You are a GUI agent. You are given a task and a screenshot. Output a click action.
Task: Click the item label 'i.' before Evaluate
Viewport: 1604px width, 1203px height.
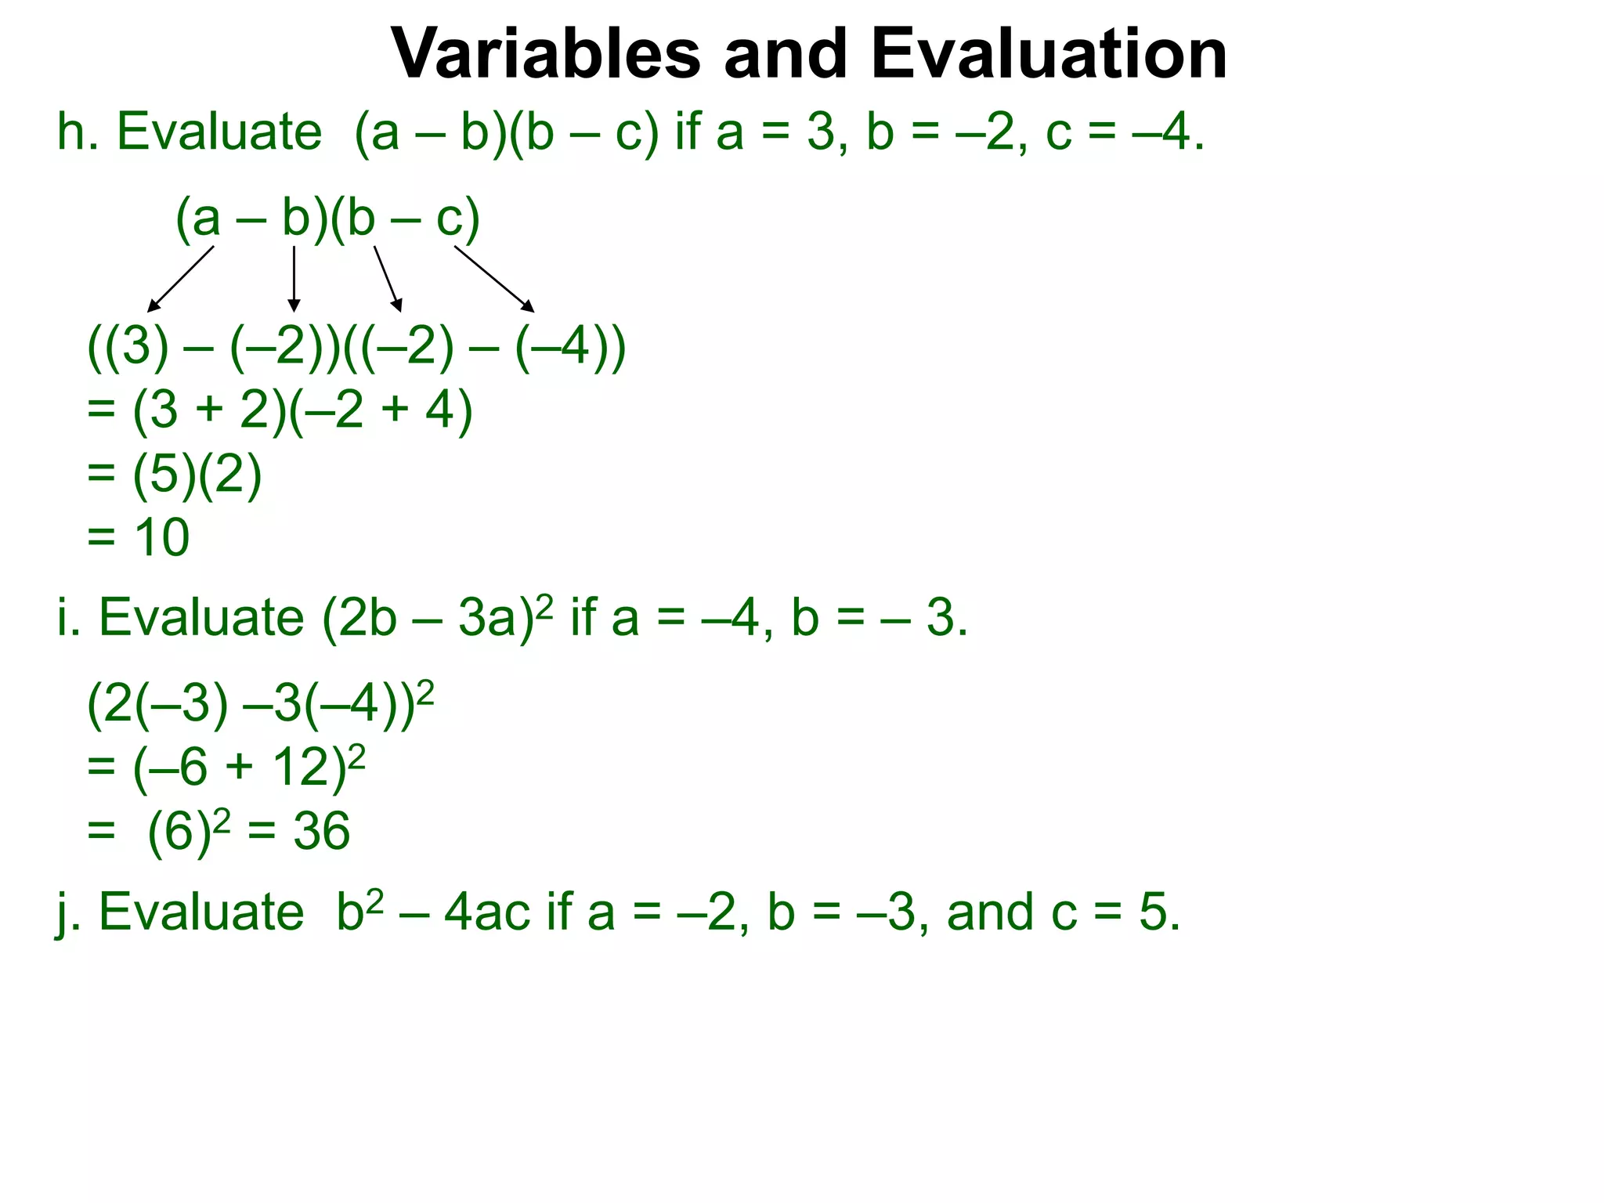point(69,617)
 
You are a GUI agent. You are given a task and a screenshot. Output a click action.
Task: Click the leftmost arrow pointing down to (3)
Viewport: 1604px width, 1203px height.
point(180,279)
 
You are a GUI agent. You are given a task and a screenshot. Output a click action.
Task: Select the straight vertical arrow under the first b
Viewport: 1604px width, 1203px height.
point(294,279)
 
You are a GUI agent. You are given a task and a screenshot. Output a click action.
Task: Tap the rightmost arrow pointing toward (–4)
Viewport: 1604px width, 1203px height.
point(494,279)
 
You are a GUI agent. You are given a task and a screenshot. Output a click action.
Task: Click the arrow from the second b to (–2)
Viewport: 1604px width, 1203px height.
point(388,279)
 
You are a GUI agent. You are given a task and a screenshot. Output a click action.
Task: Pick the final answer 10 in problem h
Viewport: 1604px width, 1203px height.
point(162,537)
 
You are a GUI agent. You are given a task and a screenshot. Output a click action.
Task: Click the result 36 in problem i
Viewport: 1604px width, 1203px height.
point(321,831)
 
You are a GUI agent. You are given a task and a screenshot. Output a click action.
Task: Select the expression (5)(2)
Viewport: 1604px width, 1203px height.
point(197,475)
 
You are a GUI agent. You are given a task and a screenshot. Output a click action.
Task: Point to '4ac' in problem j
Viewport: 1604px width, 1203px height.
point(486,913)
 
